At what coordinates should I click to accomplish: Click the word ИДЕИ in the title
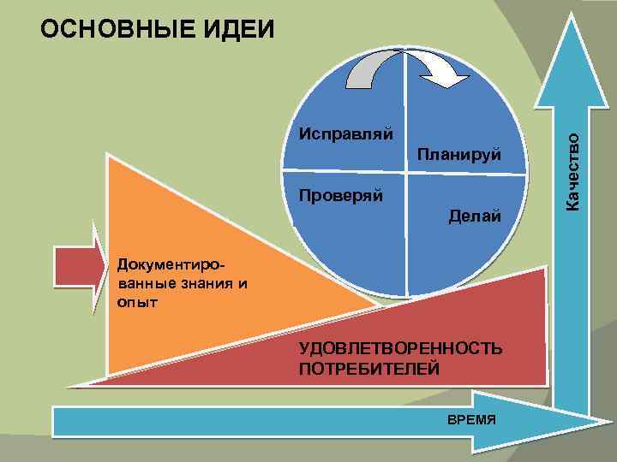point(239,29)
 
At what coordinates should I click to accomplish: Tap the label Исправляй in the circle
point(345,134)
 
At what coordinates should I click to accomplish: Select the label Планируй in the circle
point(458,154)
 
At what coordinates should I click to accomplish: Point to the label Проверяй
point(341,193)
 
